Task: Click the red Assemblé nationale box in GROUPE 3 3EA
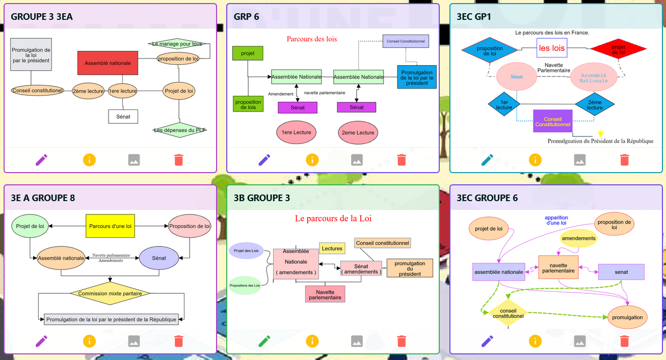(x=108, y=63)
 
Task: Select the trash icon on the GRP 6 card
(x=402, y=160)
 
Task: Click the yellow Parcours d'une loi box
(x=110, y=226)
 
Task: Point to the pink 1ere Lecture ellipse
(x=297, y=133)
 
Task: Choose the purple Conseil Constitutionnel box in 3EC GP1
(x=552, y=121)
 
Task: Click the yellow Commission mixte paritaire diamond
(x=110, y=293)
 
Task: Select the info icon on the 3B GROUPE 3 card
(x=312, y=341)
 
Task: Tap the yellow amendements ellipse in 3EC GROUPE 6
(x=578, y=238)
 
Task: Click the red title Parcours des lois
(x=312, y=39)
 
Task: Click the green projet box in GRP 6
(x=248, y=54)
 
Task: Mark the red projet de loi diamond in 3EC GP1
(x=618, y=49)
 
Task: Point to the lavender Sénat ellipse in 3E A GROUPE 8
(x=159, y=258)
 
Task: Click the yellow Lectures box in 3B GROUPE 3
(x=332, y=248)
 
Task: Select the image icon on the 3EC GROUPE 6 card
(x=580, y=341)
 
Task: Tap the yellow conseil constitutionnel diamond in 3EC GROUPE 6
(x=508, y=313)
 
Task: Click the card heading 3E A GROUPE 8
(x=43, y=198)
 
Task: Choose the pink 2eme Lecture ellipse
(x=358, y=133)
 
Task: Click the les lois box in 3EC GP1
(x=552, y=48)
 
